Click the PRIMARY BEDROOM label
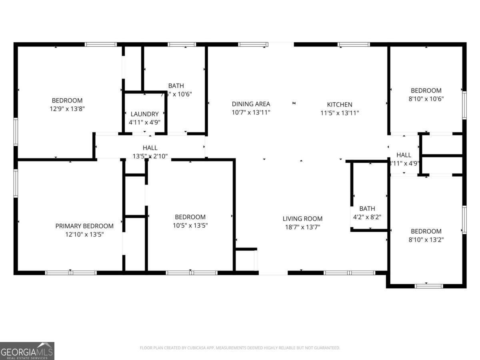[84, 226]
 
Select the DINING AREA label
[251, 104]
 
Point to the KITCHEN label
[339, 105]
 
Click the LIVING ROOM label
[302, 219]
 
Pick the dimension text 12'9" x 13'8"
[67, 108]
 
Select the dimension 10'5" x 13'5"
[190, 225]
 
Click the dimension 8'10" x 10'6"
[426, 98]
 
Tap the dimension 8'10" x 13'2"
[426, 240]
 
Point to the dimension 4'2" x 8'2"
[367, 217]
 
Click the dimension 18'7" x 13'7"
[302, 227]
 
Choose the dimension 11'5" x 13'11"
[339, 113]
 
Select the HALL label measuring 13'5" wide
[150, 148]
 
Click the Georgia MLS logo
[27, 351]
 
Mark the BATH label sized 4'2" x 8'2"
[367, 208]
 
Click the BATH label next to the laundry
[176, 86]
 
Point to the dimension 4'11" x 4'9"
[144, 122]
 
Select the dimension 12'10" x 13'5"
[84, 234]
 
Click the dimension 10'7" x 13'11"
[251, 112]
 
